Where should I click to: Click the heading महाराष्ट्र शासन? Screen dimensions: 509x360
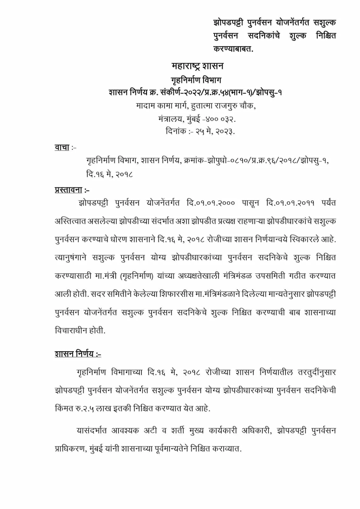[197, 66]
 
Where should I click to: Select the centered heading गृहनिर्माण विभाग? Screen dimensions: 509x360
[196, 80]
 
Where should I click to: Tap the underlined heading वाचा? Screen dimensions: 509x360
[62, 147]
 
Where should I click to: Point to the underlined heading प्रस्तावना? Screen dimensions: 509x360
[68, 190]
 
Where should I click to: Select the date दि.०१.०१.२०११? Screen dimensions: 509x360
[290, 203]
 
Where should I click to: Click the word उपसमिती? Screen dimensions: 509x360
[271, 276]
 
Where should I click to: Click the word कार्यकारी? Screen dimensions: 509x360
[221, 430]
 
